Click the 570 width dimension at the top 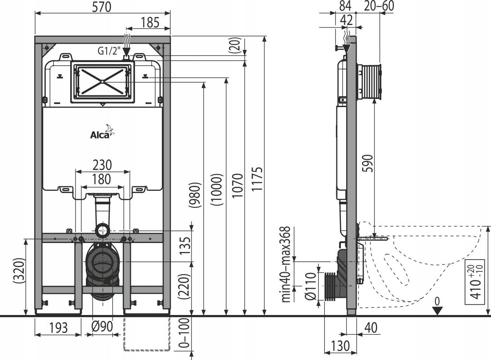click(102, 7)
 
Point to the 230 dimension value click(103, 165)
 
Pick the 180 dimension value click(101, 179)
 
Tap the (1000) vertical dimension click(218, 189)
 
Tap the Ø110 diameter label click(310, 285)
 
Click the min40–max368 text click(285, 265)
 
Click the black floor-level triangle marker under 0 click(437, 310)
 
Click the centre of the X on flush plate click(103, 81)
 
